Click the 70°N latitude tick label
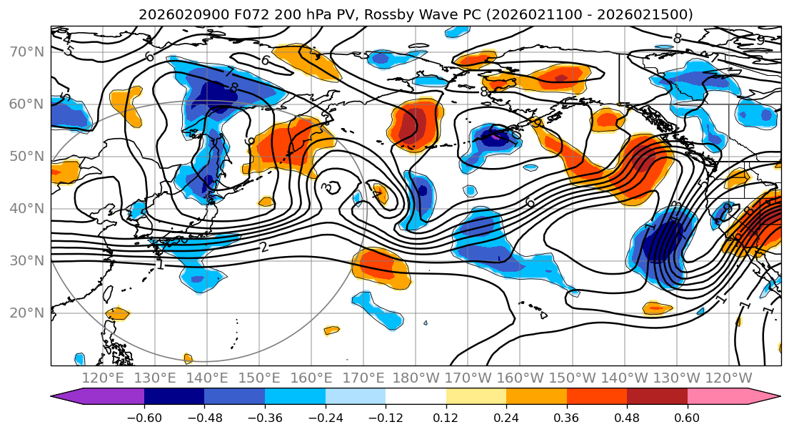[x=26, y=52]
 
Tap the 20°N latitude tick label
[x=26, y=313]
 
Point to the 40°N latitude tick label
[x=26, y=208]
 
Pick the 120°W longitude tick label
[x=728, y=378]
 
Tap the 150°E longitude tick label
[x=259, y=378]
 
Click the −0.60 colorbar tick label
[x=144, y=417]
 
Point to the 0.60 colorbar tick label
[x=687, y=417]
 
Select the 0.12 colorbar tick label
[x=446, y=417]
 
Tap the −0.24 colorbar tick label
[x=326, y=417]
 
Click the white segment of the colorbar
[x=416, y=397]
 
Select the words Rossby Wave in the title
[x=394, y=14]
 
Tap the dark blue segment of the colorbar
[x=174, y=397]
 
